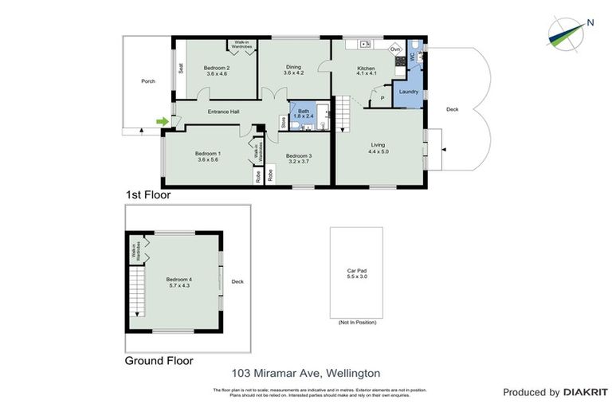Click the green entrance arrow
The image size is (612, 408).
tap(163, 121)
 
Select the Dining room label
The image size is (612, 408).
tap(294, 69)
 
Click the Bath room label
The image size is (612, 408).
tap(304, 113)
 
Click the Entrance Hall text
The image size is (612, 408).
tap(223, 112)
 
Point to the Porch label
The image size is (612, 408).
tap(147, 81)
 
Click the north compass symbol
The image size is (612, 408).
tap(570, 30)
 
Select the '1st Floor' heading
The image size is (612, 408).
tap(148, 194)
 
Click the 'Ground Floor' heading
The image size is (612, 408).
tap(159, 360)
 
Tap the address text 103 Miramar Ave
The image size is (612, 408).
tap(306, 372)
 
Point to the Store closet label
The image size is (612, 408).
tap(282, 121)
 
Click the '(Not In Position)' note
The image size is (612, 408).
tap(355, 323)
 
